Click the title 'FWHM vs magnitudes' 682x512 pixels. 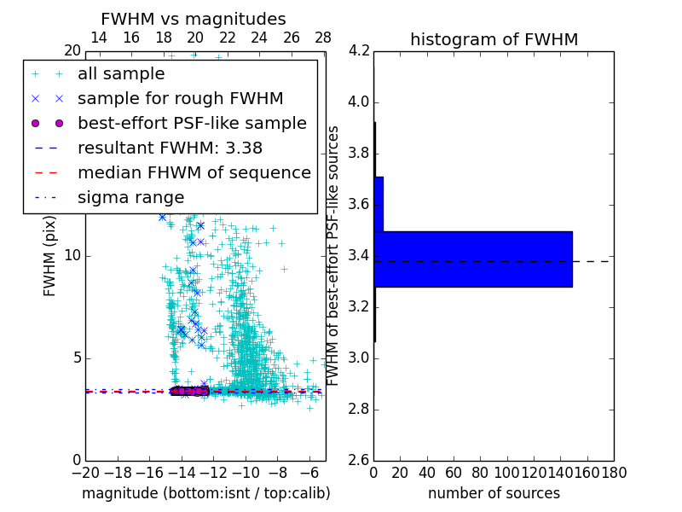(194, 19)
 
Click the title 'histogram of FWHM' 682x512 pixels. (494, 39)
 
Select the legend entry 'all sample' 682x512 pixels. (121, 74)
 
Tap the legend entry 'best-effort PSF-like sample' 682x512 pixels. (192, 123)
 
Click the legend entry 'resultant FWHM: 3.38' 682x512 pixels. (170, 148)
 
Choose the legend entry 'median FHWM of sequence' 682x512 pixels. (194, 172)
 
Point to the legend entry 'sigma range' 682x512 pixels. (130, 197)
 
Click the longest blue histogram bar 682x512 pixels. (472, 259)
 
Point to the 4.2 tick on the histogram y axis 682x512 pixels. (359, 51)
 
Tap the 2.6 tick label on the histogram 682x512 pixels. (359, 459)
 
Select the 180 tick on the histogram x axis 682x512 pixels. (614, 472)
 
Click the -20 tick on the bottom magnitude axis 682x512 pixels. (85, 472)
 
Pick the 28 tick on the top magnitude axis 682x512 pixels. (323, 38)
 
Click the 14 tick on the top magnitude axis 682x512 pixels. (99, 38)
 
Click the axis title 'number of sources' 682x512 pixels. (494, 493)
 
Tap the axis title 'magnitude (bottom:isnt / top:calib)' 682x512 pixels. (205, 493)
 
